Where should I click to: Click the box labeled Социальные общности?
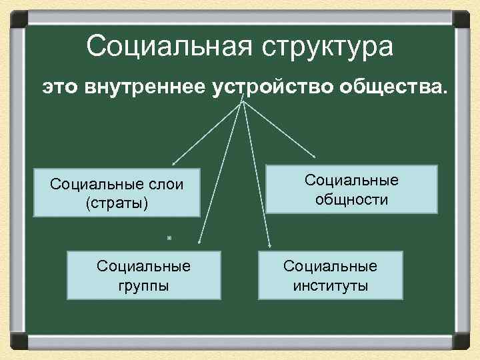pos(351,189)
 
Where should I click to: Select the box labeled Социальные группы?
pos(143,275)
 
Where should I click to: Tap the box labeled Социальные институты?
pos(330,275)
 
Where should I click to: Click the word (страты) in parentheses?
pos(117,203)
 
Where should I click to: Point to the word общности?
pos(351,199)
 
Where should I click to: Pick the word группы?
pos(143,286)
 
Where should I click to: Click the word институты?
pos(330,286)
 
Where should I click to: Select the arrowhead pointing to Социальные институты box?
pos(269,245)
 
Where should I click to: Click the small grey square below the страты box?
pos(169,237)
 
